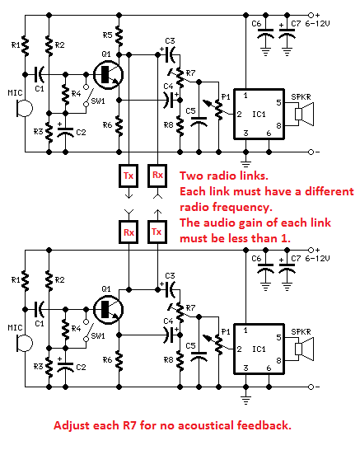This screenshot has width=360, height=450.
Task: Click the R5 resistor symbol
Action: [x=119, y=35]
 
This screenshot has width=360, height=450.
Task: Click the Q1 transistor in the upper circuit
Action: [x=109, y=75]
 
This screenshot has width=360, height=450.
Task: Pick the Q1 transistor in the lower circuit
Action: [x=109, y=310]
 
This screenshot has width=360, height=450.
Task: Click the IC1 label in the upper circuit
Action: [x=259, y=115]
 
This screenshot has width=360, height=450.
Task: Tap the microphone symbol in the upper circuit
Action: [x=25, y=108]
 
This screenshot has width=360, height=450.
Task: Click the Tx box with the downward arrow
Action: [x=129, y=176]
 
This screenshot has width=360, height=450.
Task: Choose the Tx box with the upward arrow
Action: [x=157, y=232]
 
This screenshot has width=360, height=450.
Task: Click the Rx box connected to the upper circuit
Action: [x=157, y=176]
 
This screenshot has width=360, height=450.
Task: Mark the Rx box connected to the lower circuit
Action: [x=129, y=232]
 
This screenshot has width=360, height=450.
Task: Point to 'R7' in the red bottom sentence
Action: [x=129, y=425]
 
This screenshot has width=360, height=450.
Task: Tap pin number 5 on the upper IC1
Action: [x=278, y=102]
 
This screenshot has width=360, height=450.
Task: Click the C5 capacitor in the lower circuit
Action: [x=199, y=356]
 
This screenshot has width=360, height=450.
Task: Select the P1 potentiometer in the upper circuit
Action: [x=218, y=109]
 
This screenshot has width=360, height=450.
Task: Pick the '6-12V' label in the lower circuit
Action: [x=317, y=259]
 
